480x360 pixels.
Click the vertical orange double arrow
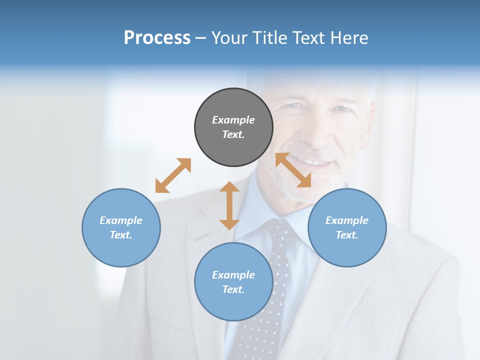point(229,205)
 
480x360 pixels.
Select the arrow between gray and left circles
point(173,175)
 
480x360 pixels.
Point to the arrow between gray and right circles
point(293,170)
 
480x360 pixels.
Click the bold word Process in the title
point(157,37)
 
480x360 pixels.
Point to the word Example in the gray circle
point(233,120)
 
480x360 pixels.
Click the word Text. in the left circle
point(121,235)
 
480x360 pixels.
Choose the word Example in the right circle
point(347,220)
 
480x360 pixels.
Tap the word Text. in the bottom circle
point(233,289)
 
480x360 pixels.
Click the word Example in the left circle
point(121,220)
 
